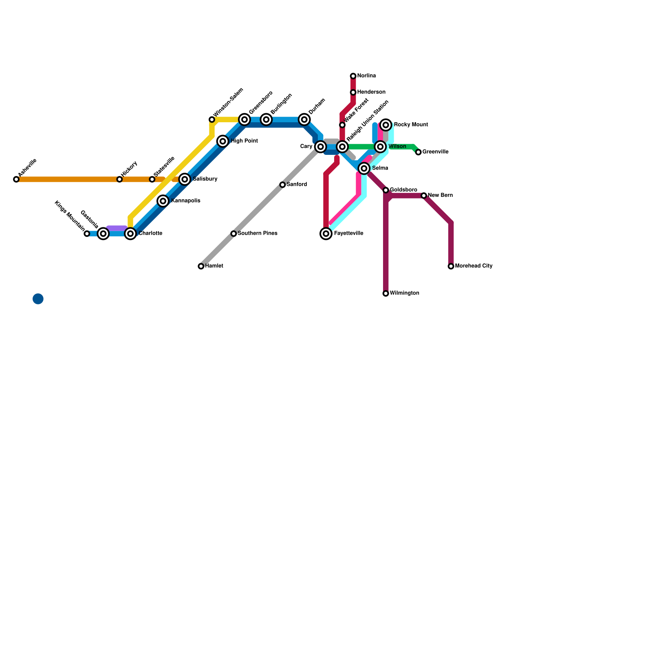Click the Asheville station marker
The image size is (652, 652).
point(16,179)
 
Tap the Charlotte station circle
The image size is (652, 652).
point(130,233)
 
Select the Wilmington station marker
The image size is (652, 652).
point(386,293)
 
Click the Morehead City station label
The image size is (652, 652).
point(474,266)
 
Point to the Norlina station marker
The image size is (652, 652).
point(353,76)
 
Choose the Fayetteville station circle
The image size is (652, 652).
point(326,233)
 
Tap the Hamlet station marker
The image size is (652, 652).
point(201,266)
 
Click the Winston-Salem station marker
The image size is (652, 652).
point(212,119)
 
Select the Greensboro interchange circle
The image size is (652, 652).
point(244,119)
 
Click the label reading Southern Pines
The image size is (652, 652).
point(257,233)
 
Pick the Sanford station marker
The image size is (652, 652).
point(282,185)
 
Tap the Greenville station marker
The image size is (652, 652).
point(418,152)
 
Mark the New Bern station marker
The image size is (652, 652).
point(424,196)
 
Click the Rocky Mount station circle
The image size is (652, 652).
point(386,125)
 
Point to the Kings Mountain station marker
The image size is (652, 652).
point(87,233)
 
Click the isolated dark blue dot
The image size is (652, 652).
point(38,299)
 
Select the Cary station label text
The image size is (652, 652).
point(306,146)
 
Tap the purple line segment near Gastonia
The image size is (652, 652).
point(117,228)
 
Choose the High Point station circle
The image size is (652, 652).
point(222,141)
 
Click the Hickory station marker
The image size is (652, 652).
point(119,179)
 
